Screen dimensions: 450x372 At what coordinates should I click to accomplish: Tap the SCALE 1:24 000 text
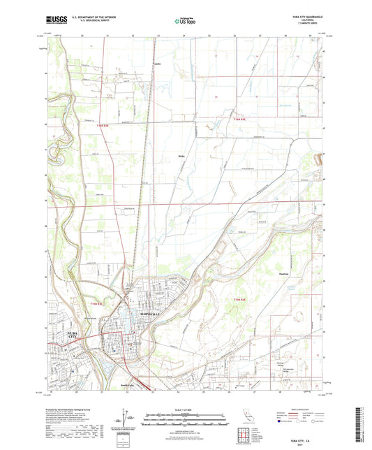tap(186, 409)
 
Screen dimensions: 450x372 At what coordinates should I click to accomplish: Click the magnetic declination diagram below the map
tap(124, 422)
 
